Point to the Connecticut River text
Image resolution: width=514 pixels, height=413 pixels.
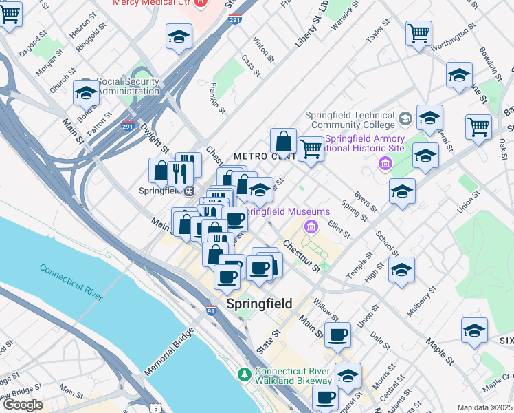[x=71, y=282]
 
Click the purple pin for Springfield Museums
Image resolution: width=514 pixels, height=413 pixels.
[x=311, y=225]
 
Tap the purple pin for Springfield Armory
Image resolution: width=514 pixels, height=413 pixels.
[x=385, y=163]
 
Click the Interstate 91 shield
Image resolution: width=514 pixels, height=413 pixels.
[x=210, y=311]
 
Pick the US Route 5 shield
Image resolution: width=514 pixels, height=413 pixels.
[x=155, y=408]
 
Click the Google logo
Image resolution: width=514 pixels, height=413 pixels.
[x=22, y=405]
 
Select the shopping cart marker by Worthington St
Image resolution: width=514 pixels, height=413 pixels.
[x=418, y=32]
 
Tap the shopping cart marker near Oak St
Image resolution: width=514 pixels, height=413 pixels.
[x=478, y=127]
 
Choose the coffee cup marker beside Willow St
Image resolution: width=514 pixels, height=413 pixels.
[x=337, y=335]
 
